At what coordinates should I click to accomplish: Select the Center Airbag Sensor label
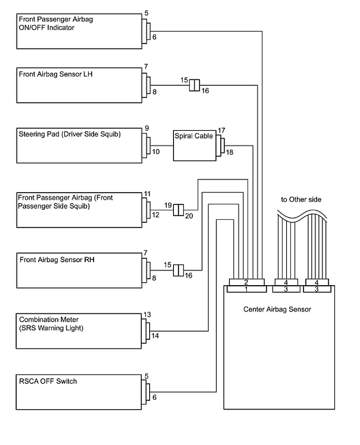coord(277,309)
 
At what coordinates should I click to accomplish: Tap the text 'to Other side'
coord(301,199)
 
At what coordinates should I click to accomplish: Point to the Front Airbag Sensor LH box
coord(79,85)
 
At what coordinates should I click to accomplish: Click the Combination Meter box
coord(79,331)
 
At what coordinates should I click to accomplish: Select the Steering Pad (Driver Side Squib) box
coord(79,145)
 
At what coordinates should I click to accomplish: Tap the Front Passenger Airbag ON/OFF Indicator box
coord(79,31)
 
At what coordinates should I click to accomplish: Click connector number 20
coord(189,216)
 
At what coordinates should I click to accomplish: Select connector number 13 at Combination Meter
coord(147,315)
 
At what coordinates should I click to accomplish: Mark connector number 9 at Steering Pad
coord(147,129)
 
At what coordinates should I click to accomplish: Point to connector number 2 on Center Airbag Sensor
coord(246,282)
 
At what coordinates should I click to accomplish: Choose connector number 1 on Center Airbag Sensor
coord(246,290)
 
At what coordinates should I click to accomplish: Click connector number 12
coord(155,215)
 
